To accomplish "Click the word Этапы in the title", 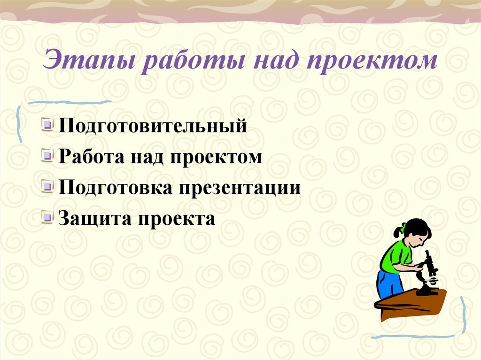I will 90,62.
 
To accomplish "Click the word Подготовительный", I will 153,127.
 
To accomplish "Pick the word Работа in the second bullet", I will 88,157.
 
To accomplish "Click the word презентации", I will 240,188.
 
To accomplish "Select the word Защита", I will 94,218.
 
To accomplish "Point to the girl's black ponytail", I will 398,231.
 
